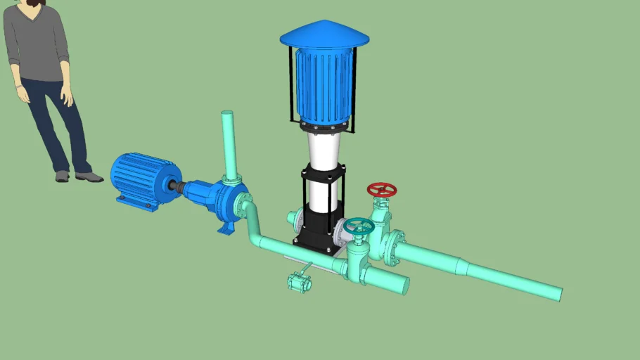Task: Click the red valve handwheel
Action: [x=382, y=190]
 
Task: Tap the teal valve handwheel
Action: [x=359, y=226]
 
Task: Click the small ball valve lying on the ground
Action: [x=299, y=282]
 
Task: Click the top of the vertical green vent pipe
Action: [x=227, y=114]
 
